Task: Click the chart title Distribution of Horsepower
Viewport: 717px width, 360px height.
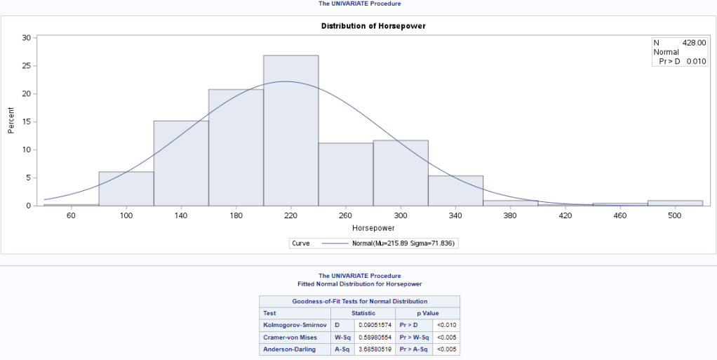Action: (x=373, y=26)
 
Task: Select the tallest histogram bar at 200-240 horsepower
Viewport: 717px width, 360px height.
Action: (x=290, y=131)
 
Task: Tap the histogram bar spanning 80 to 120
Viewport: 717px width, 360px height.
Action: (x=126, y=189)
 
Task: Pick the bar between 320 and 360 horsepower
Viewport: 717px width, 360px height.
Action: (x=455, y=191)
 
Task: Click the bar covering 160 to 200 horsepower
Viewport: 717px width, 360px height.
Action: (x=236, y=147)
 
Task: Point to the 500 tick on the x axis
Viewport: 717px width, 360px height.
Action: (x=675, y=216)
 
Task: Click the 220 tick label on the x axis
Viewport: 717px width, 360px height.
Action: (x=290, y=216)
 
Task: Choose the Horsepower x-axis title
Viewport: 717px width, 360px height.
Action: (x=373, y=228)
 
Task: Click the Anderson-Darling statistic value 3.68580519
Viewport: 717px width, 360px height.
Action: (x=374, y=349)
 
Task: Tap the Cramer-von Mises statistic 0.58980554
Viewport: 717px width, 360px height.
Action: (x=374, y=337)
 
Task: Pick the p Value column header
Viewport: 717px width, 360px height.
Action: (x=427, y=313)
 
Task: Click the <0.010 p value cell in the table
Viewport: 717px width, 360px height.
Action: (x=445, y=325)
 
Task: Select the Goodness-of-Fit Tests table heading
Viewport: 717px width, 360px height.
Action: (x=359, y=301)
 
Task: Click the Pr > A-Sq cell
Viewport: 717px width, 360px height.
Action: (x=413, y=349)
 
